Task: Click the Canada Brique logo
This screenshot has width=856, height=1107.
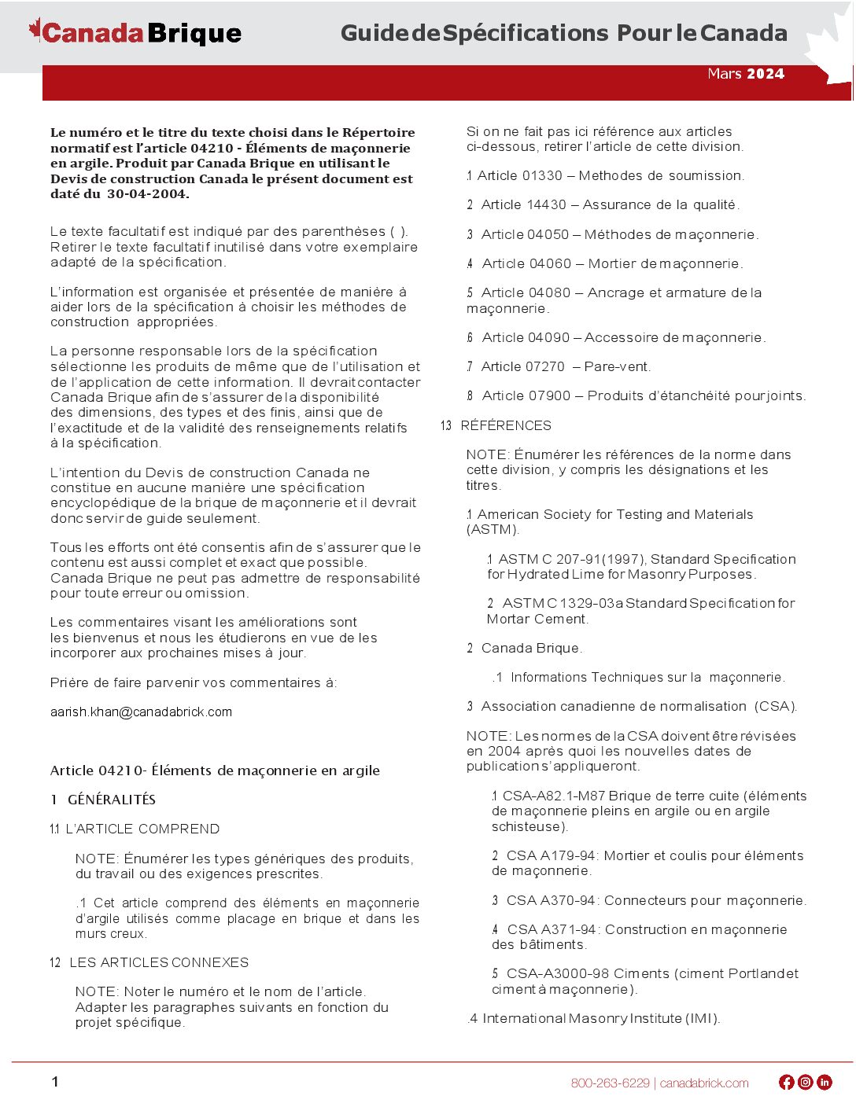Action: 135,33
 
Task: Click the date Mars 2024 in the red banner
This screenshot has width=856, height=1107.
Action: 746,74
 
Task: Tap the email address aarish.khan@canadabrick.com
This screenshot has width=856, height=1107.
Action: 141,712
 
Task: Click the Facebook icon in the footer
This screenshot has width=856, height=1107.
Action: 786,1083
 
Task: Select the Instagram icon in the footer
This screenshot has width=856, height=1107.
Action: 806,1083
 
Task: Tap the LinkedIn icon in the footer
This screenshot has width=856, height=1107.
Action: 825,1083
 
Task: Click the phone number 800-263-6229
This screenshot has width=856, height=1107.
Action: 611,1083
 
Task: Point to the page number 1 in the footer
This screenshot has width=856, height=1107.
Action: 55,1082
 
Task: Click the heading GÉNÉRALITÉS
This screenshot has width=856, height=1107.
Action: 112,800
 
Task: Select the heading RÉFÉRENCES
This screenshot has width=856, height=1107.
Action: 506,426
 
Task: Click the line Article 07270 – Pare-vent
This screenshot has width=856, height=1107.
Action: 566,367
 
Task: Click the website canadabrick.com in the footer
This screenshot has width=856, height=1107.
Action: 704,1083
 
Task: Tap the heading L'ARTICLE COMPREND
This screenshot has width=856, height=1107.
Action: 142,829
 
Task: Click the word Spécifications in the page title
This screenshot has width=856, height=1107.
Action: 525,33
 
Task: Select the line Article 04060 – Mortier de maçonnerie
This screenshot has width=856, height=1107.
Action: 612,264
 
